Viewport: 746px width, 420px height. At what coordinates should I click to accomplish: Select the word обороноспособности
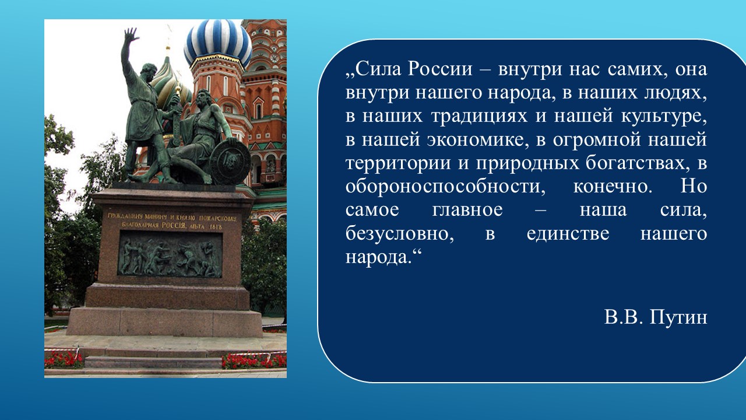(x=445, y=187)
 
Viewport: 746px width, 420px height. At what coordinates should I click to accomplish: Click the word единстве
(x=568, y=233)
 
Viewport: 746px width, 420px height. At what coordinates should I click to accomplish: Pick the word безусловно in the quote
(x=400, y=233)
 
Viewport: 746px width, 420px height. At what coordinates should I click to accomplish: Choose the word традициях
(x=479, y=117)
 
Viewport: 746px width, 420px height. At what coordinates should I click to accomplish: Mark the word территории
(x=397, y=163)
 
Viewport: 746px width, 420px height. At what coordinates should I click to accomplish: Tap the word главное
(x=467, y=210)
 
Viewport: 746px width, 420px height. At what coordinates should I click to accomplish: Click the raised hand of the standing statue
(x=131, y=35)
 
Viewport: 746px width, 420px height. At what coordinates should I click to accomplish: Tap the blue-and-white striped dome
(x=218, y=41)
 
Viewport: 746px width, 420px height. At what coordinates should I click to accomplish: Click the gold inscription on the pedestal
(x=171, y=221)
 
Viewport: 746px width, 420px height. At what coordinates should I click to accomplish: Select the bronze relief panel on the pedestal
(x=170, y=254)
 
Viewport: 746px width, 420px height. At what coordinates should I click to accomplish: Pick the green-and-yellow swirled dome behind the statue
(x=171, y=83)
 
